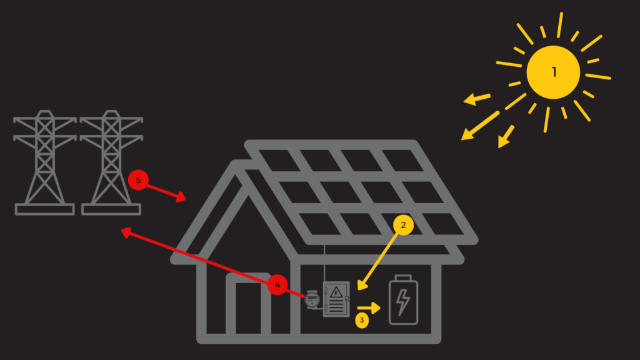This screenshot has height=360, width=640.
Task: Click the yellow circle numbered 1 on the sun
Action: coord(553,72)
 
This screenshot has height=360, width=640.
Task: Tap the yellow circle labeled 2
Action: coord(403,226)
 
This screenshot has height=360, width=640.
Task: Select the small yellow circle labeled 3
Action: coord(361,321)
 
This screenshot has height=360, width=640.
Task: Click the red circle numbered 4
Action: coord(277,286)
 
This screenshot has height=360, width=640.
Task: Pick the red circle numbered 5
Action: coord(138,181)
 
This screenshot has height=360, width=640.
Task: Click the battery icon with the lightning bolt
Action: coord(403,301)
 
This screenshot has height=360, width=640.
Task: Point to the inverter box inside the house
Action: coord(336,299)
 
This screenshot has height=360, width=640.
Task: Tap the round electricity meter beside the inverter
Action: coord(312,299)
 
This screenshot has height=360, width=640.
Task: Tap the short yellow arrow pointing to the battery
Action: coord(369,308)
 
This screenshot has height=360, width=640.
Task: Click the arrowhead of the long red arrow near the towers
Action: coord(125,232)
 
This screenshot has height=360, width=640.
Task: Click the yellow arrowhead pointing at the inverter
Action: coord(362,286)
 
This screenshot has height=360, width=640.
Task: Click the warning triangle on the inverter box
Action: coord(336,291)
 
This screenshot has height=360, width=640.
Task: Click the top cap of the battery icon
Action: coord(403,277)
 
